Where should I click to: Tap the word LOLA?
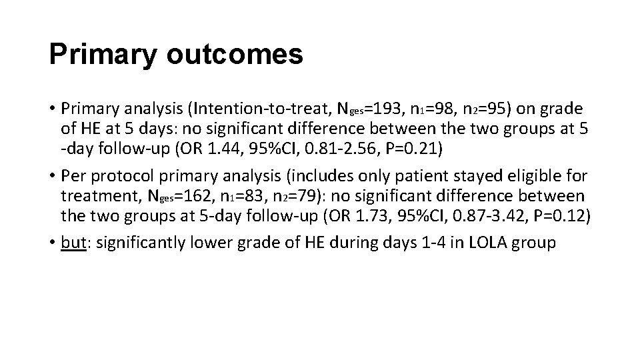(492, 243)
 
